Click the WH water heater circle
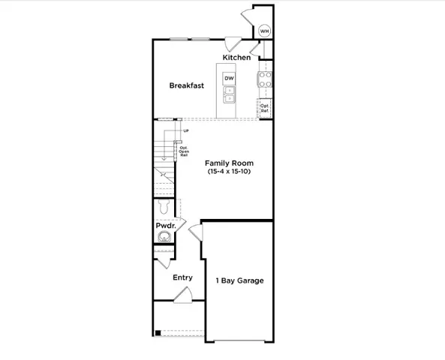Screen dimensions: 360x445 coord(265,31)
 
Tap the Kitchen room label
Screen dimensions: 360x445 coord(236,58)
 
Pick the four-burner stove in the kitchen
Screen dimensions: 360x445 coord(265,79)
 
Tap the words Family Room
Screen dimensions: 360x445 coord(230,163)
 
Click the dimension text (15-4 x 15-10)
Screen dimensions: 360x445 coord(230,172)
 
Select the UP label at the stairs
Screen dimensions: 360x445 coord(185,132)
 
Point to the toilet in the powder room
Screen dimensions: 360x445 coord(166,208)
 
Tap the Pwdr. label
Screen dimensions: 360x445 coord(165,226)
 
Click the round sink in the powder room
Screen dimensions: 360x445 coord(164,238)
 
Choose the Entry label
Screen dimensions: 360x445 coord(182,277)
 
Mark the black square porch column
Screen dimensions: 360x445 coord(158,332)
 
